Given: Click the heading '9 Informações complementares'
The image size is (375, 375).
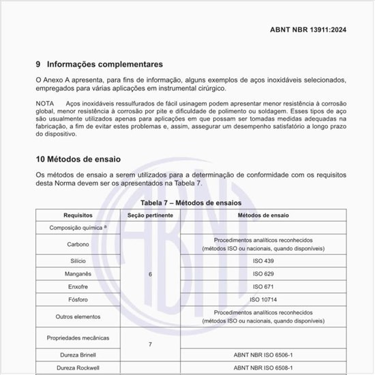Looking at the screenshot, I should (100, 65).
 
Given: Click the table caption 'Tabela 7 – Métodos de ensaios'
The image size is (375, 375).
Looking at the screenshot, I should (190, 203).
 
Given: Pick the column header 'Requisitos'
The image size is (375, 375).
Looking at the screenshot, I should (77, 215).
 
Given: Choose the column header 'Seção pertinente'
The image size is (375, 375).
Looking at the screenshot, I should (150, 215).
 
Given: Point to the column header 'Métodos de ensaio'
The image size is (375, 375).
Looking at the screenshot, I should (263, 215).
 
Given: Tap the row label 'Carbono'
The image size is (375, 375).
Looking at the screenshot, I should (77, 244).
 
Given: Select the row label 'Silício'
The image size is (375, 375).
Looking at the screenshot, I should (77, 261).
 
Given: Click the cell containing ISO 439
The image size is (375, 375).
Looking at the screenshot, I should (263, 261).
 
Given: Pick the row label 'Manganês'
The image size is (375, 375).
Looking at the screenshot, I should (77, 274).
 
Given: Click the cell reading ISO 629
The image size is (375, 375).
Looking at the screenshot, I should (263, 274).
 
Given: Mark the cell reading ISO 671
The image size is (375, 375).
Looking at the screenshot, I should (263, 286).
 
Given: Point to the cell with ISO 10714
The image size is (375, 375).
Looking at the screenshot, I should (263, 299).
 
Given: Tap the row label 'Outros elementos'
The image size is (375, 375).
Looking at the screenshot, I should (77, 316).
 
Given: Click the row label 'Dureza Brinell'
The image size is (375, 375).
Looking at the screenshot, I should (77, 355).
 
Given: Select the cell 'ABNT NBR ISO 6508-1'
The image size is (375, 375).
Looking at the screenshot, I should (263, 368).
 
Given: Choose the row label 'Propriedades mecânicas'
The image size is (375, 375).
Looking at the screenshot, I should (77, 337).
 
